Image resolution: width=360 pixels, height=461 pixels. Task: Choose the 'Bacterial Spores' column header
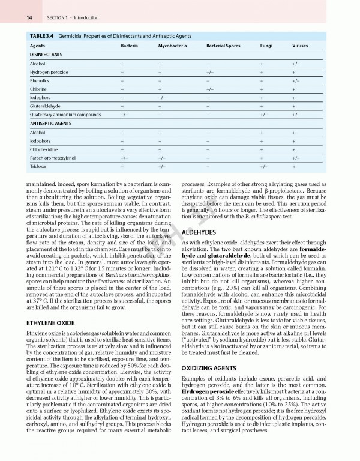pyautogui.click(x=224, y=46)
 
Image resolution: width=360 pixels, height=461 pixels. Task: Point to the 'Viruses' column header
pyautogui.click(x=299, y=46)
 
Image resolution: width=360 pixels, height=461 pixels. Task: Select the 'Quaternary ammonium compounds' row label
pyautogui.click(x=65, y=114)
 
